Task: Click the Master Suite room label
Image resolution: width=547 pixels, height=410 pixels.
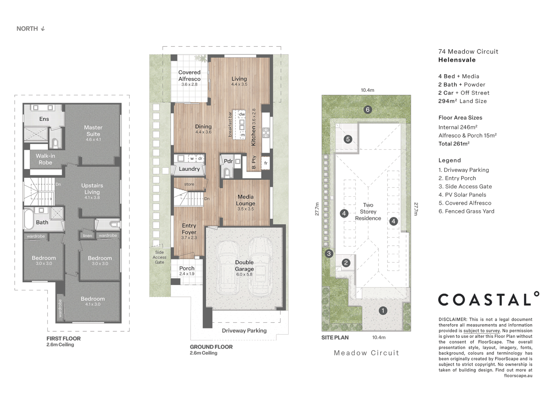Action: [93, 131]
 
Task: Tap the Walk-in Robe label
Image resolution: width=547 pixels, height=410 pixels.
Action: [45, 159]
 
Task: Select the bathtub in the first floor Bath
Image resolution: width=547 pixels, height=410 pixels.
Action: [28, 219]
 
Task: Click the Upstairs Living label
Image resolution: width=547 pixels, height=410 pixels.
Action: [92, 189]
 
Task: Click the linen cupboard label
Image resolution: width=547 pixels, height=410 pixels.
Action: [87, 235]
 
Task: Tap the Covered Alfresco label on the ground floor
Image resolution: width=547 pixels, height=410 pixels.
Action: [190, 76]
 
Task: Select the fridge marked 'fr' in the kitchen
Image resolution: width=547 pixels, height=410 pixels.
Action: [266, 163]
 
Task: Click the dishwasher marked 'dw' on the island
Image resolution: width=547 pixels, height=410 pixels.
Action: [242, 114]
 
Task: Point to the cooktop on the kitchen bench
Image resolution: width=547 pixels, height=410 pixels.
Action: [266, 133]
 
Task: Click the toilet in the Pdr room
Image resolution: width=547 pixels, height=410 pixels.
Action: [227, 173]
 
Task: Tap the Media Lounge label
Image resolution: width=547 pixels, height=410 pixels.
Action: [245, 200]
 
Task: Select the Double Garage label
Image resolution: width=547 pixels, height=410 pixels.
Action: [245, 265]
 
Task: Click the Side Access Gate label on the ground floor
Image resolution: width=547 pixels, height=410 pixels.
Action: [160, 257]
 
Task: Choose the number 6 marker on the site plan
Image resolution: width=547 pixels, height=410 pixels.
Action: [368, 110]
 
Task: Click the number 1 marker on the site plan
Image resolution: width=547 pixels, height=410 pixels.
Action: [383, 311]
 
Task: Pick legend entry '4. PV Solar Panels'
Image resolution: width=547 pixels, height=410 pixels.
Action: [462, 195]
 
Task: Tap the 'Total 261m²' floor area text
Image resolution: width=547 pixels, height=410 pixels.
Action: [454, 143]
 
